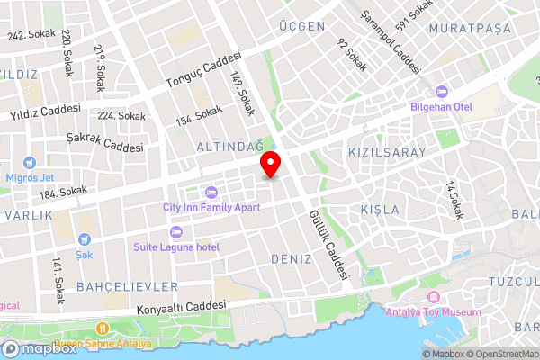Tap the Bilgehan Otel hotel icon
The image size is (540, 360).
click(x=442, y=92)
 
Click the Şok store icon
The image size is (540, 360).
click(x=84, y=240)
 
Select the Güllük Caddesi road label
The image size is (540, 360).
click(x=327, y=245)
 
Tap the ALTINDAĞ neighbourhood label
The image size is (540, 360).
click(x=230, y=146)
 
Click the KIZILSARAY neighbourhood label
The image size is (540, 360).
click(x=386, y=153)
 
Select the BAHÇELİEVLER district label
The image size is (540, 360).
click(x=128, y=286)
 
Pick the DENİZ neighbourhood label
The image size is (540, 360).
click(x=291, y=259)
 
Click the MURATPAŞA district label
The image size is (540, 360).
click(x=470, y=29)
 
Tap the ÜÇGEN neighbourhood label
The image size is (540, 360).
click(x=302, y=27)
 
